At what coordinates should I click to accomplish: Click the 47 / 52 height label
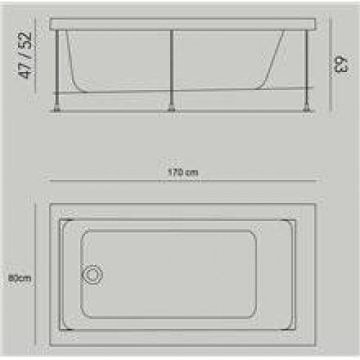tap(25, 55)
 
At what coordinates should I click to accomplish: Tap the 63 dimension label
tap(341, 64)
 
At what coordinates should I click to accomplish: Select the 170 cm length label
tap(183, 172)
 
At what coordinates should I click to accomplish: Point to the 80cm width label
tap(19, 279)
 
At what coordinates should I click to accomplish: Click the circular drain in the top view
tap(93, 274)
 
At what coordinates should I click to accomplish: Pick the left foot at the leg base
tap(58, 108)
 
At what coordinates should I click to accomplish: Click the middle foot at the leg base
tap(171, 108)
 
